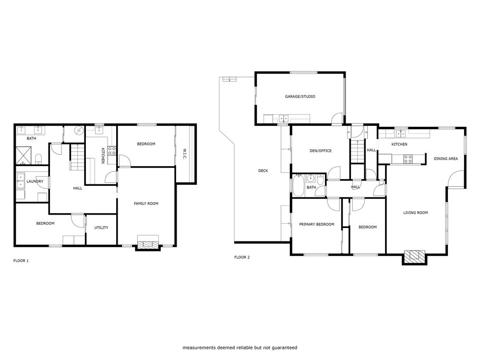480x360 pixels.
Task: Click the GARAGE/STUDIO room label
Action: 300,96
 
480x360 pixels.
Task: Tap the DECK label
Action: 263,170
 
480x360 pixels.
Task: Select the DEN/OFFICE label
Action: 320,151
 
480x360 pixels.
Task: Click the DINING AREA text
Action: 445,158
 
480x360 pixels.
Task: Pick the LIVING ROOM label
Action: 415,213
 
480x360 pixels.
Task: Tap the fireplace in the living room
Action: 414,257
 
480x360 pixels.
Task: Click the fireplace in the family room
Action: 147,243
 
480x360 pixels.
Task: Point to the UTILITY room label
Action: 101,228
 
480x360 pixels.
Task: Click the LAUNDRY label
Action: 35,181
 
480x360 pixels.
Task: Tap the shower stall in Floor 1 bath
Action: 26,155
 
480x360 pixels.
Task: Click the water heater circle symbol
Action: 79,131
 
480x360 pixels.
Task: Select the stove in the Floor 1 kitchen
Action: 111,150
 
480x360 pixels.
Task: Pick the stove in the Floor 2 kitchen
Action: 408,159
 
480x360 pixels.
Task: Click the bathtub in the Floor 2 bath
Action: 297,186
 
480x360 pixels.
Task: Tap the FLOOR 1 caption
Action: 21,261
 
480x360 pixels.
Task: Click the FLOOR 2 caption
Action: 242,257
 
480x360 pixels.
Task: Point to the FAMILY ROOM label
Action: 146,204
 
